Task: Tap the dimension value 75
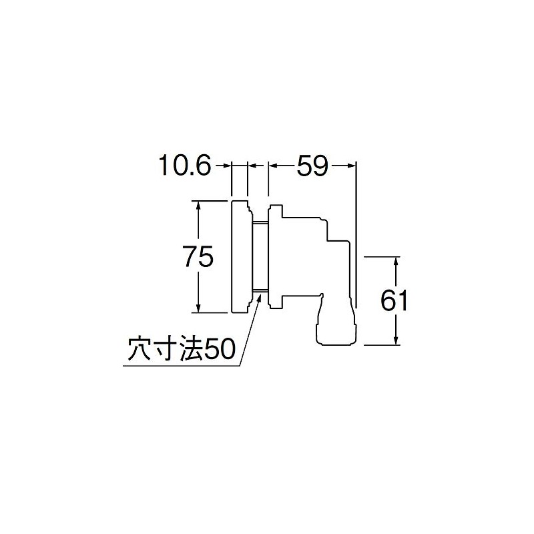(198, 256)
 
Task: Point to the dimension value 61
(394, 301)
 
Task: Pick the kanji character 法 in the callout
(189, 349)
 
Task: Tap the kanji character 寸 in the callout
(165, 349)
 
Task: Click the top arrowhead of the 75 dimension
(198, 204)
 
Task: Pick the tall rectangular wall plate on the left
(240, 256)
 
